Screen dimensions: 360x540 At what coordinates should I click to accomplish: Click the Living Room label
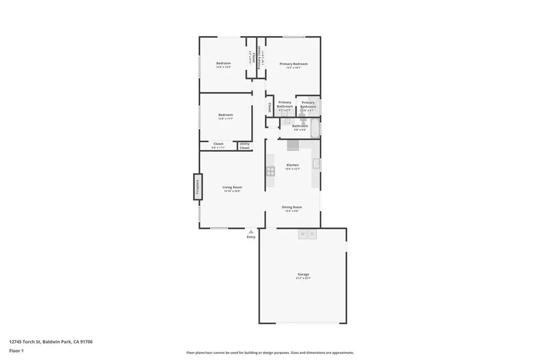coord(232,187)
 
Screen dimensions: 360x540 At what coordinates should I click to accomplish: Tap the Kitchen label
coord(293,165)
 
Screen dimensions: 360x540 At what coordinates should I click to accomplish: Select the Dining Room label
coord(292,207)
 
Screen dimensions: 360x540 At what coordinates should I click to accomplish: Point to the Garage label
coord(303,274)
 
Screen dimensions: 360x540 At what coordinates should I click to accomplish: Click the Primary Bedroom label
coord(293,64)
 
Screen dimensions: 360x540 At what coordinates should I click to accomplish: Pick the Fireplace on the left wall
coord(198,187)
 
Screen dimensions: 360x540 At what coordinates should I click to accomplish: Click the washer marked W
coord(303,234)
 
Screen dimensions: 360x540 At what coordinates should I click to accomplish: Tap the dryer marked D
coord(312,234)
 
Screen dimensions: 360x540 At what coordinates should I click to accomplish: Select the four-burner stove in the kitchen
coord(271,171)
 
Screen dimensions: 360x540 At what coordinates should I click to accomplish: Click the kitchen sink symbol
coord(316,164)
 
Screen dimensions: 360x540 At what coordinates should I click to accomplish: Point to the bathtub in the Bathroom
coord(315,128)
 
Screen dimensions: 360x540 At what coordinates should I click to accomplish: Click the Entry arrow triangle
coord(251,231)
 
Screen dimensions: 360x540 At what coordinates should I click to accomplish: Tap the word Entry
coord(251,237)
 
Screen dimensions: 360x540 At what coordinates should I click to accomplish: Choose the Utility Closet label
coord(245,146)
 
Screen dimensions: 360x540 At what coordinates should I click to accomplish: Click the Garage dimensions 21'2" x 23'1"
coord(303,278)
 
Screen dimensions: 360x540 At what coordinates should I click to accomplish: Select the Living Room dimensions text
coord(232,191)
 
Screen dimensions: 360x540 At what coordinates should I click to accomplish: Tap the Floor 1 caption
coord(16,351)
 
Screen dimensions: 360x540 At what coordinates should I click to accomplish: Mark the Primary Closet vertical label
coord(260,57)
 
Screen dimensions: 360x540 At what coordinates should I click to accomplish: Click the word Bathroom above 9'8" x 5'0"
coord(300,126)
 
